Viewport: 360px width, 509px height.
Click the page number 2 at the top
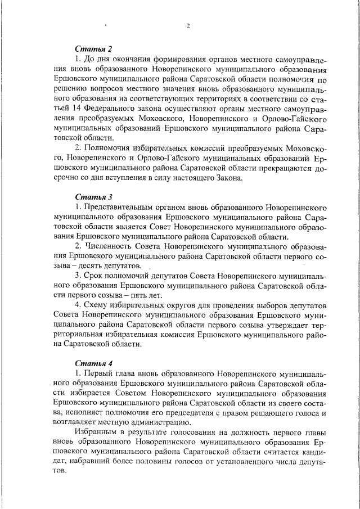pos(188,25)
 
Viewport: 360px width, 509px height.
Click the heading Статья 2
pos(94,49)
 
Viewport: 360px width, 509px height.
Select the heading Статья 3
pos(94,197)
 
